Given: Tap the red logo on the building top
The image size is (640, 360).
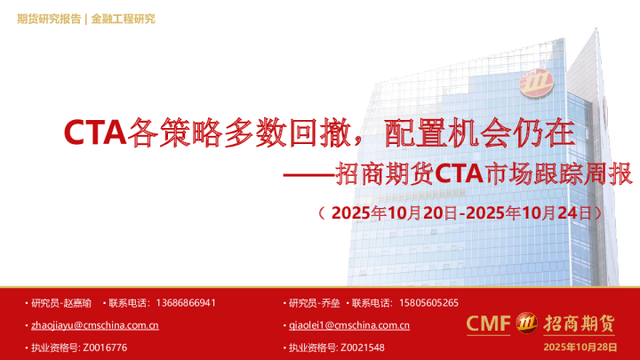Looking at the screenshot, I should point(539,81).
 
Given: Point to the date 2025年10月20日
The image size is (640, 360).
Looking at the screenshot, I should point(393,213).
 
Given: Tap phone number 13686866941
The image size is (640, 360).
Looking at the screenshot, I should point(185,303).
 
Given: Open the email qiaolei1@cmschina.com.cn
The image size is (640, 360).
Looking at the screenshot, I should point(349,325).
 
